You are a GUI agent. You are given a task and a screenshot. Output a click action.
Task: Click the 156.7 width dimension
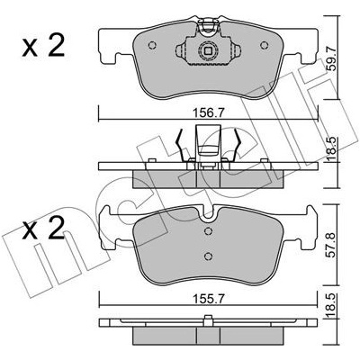tap(207, 113)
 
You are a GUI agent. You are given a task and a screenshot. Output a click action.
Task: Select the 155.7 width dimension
tap(207, 299)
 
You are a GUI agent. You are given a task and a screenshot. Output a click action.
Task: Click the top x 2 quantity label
tap(43, 47)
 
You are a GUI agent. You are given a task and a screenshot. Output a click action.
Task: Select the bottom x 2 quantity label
tap(43, 229)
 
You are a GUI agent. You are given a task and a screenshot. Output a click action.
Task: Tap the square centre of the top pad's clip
tap(208, 50)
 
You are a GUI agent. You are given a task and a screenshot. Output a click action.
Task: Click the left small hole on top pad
tap(152, 45)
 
